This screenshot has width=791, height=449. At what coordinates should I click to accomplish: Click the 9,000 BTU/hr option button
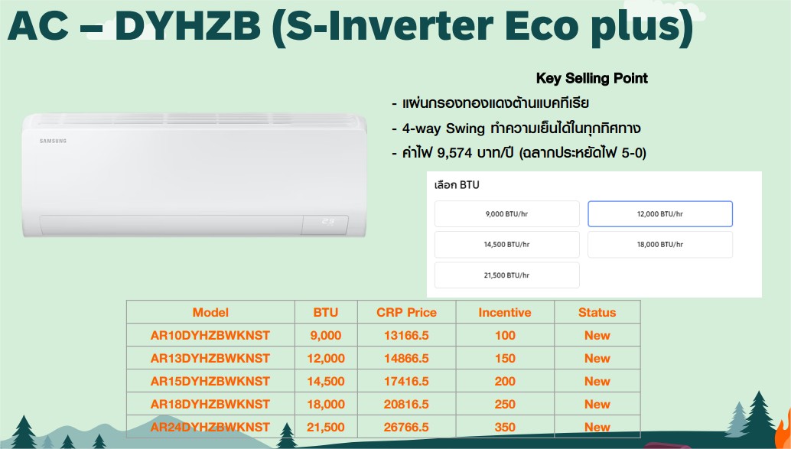507,214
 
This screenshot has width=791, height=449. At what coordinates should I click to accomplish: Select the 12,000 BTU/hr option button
660,214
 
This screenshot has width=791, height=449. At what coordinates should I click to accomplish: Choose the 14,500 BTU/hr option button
507,245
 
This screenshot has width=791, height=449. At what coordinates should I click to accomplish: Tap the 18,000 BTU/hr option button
660,245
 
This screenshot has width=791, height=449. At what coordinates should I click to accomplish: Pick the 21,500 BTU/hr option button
507,275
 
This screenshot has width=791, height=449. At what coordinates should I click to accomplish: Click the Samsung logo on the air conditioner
53,141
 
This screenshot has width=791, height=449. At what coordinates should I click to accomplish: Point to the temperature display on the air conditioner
328,221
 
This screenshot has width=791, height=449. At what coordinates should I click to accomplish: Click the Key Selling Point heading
592,78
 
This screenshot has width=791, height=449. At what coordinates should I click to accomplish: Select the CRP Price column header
407,312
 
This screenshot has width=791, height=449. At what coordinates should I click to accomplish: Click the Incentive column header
505,312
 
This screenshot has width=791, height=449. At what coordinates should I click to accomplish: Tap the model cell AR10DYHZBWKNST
210,336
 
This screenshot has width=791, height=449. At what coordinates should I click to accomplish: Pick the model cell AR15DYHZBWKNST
210,382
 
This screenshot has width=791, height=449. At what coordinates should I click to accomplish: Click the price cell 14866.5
407,358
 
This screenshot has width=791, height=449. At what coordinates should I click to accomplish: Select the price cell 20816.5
407,404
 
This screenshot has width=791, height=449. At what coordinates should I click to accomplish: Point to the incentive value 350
505,428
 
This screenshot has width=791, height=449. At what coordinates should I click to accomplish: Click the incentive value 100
505,336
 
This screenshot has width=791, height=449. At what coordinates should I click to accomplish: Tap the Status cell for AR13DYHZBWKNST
597,358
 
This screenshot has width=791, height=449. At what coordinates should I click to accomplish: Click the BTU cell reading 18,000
326,404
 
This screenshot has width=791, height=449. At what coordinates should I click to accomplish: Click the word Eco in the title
542,25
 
